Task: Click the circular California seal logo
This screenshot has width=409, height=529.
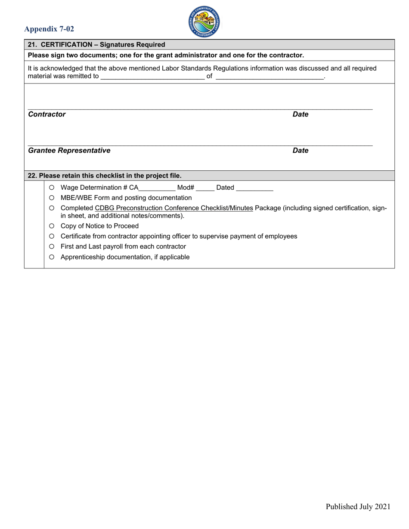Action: [x=204, y=22]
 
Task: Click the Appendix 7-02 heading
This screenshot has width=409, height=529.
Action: [x=49, y=29]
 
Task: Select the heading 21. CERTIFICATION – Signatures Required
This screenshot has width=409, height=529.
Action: [x=96, y=45]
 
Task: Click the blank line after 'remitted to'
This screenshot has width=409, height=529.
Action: [x=152, y=77]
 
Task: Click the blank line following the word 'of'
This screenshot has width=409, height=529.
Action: [x=269, y=77]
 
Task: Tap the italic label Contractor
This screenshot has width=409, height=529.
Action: [x=47, y=114]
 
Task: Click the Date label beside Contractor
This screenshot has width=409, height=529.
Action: [x=301, y=114]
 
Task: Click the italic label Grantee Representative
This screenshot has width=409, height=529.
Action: [x=69, y=151]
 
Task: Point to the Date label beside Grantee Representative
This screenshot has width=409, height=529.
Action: [x=301, y=151]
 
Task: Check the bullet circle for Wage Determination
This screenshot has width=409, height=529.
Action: [x=52, y=188]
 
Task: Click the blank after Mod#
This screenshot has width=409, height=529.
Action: [x=205, y=188]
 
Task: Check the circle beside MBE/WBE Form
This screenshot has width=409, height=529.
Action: [x=52, y=198]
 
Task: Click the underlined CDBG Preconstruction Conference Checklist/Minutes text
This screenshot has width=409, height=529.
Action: [x=174, y=208]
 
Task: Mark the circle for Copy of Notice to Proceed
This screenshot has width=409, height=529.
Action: [x=52, y=226]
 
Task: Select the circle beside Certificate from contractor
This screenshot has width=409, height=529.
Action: [x=52, y=237]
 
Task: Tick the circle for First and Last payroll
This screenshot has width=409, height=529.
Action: [x=52, y=247]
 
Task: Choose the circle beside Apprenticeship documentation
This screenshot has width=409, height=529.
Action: [x=52, y=257]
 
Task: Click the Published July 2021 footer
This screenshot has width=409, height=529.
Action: [x=358, y=507]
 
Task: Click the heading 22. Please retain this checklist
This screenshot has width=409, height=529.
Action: [x=105, y=176]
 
